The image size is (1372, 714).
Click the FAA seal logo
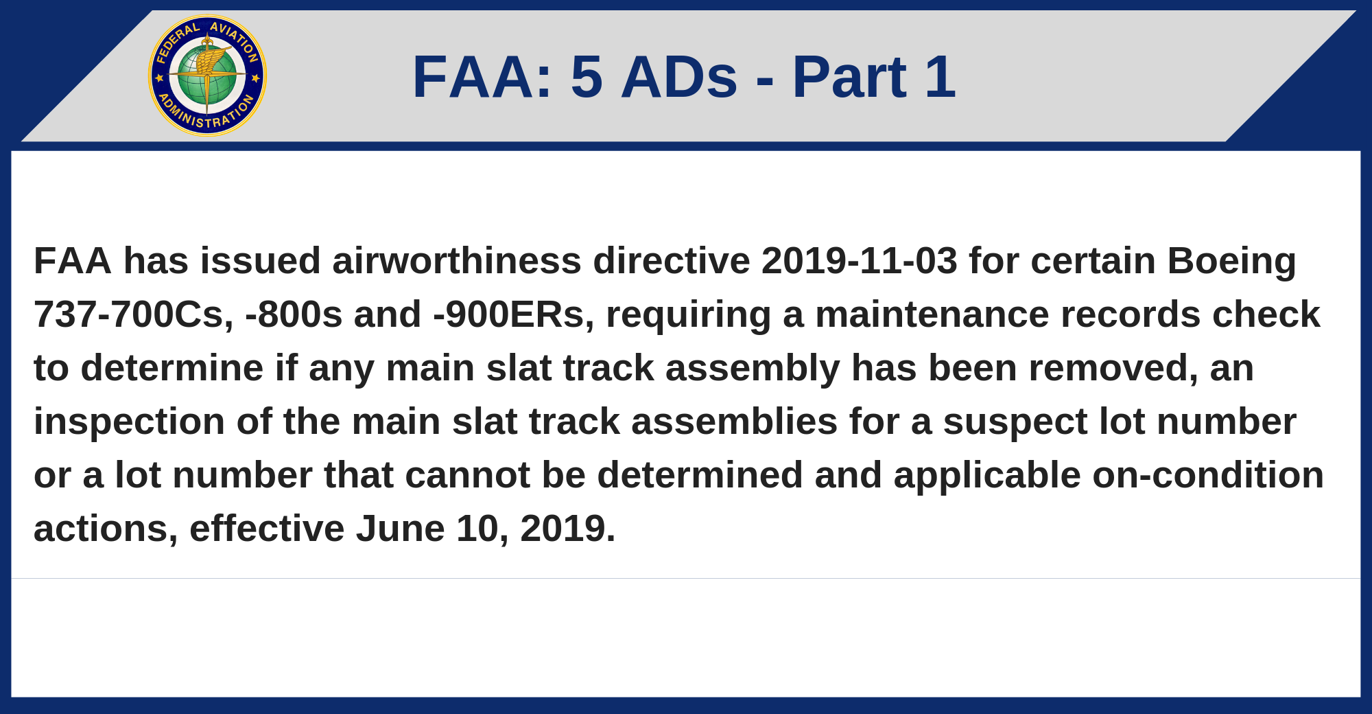207,76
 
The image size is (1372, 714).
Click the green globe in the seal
207,76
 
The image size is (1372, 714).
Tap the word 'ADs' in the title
679,77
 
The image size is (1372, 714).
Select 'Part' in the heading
849,77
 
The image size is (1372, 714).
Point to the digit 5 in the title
587,77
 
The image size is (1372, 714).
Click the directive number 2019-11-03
860,261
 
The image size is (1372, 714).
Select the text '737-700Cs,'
134,315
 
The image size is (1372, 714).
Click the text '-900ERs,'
514,315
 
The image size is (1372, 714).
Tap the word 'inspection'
130,422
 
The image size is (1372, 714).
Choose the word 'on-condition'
1209,475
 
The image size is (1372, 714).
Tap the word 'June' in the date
400,529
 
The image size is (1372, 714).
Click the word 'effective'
267,529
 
